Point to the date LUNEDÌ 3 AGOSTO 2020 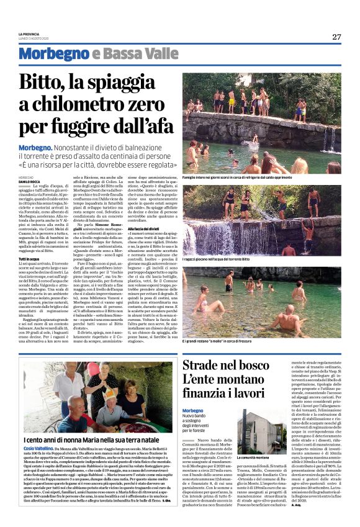[34, 38]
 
